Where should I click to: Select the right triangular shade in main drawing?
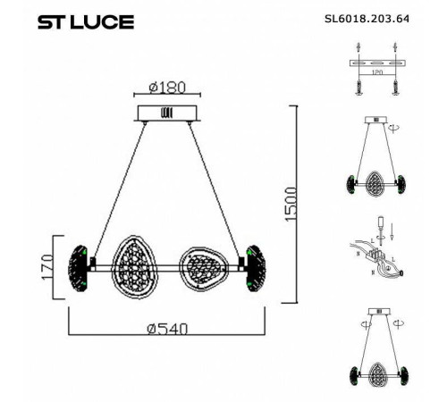[x=202, y=264]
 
